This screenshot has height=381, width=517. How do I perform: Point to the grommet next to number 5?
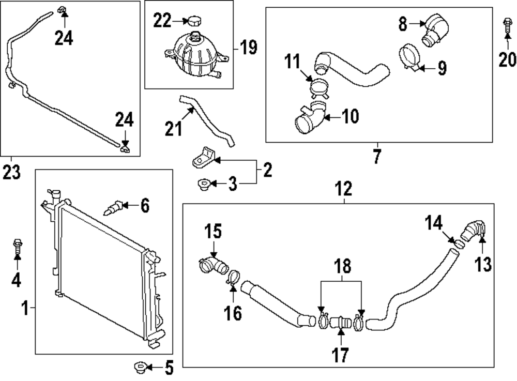[140, 368]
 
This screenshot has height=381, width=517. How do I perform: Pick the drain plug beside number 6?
[113, 207]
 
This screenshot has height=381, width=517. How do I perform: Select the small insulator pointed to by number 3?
[203, 183]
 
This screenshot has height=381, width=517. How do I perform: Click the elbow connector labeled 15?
[212, 264]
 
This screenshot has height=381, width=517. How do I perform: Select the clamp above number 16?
[233, 277]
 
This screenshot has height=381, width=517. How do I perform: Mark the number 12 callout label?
[345, 189]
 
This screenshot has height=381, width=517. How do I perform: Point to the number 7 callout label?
[376, 155]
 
